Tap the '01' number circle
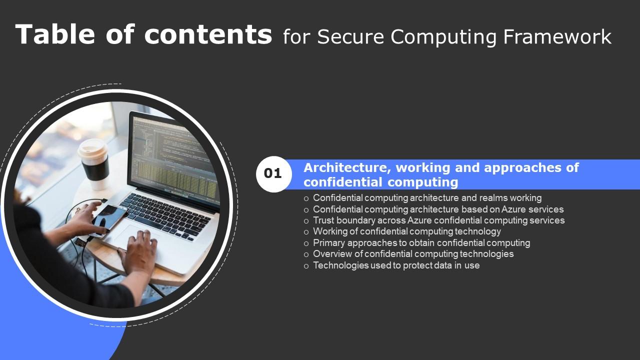(x=273, y=174)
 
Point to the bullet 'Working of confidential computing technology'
(x=406, y=231)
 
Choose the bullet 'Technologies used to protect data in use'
(x=396, y=265)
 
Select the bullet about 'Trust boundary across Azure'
(x=438, y=220)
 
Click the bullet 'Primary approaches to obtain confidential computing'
(x=421, y=243)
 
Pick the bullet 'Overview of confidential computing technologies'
(x=413, y=254)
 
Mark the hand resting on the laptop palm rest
(x=139, y=247)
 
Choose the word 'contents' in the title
(x=208, y=34)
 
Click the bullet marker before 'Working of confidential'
(x=306, y=232)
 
